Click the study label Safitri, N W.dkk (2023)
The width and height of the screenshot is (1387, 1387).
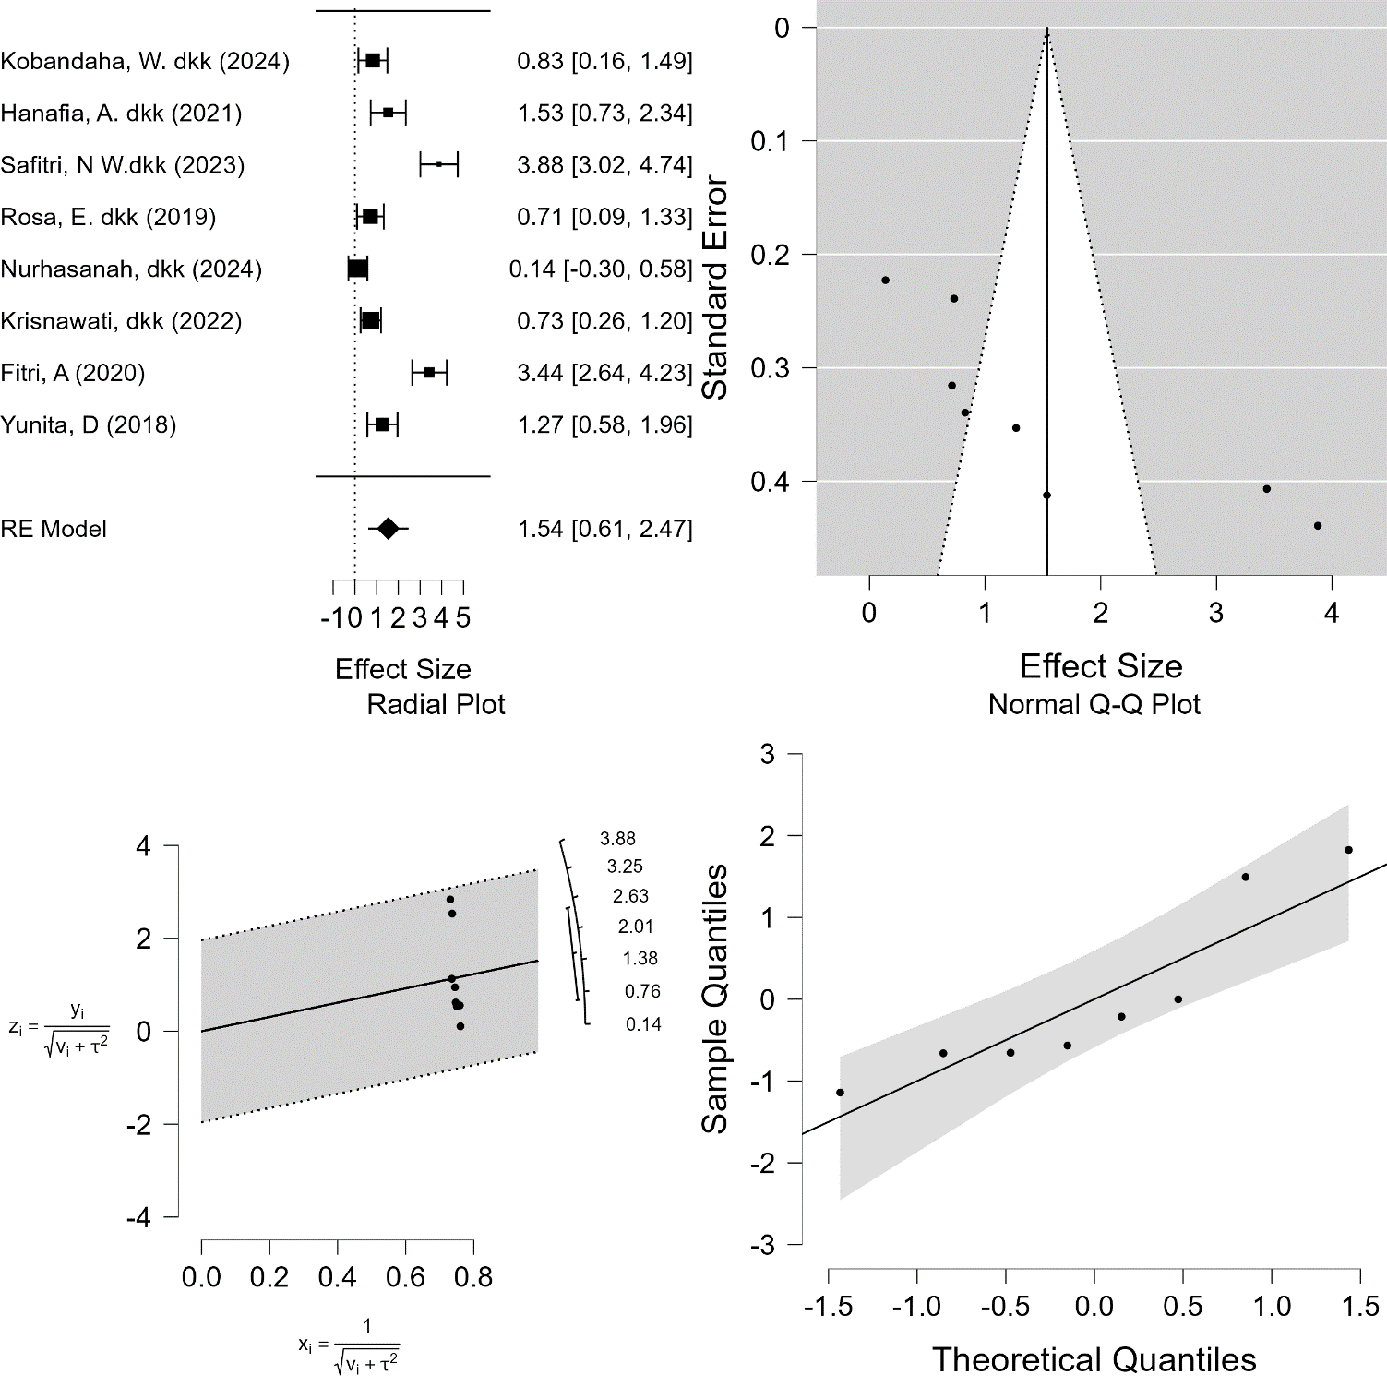[x=123, y=165]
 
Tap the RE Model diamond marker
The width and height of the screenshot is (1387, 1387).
[x=389, y=529]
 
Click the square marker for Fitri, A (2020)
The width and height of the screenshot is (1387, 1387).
[x=429, y=373]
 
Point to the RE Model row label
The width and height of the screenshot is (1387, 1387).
[x=54, y=529]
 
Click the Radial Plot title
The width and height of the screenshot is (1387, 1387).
[x=436, y=705]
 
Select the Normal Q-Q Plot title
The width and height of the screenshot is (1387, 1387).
[x=1094, y=705]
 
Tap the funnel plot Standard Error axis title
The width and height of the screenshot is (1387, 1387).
[x=716, y=288]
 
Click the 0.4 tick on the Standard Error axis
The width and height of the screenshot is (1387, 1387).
[x=770, y=482]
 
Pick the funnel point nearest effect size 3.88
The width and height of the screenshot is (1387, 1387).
[x=1318, y=526]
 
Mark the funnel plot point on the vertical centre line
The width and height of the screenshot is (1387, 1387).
[x=1046, y=496]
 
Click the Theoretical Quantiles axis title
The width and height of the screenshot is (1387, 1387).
[x=1094, y=1359]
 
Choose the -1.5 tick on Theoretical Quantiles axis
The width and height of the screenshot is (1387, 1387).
[x=829, y=1307]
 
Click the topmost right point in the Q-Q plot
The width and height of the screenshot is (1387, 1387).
[x=1348, y=850]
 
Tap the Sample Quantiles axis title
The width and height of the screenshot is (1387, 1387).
[x=715, y=998]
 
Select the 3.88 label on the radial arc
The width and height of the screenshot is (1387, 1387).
[x=617, y=839]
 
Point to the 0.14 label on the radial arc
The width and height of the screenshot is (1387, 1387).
[x=643, y=1024]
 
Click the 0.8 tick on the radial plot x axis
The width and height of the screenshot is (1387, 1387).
[x=473, y=1278]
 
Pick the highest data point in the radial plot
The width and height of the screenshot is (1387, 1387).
[x=450, y=899]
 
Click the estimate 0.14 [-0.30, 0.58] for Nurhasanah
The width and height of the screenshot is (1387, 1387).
[x=601, y=269]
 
